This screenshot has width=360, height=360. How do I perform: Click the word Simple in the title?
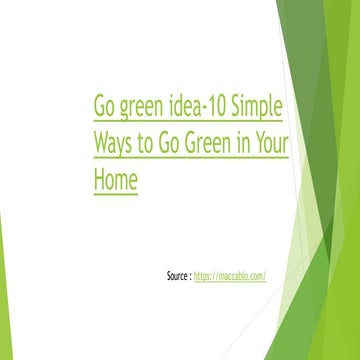tap(258, 107)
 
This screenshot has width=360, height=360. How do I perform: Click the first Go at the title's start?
tap(105, 107)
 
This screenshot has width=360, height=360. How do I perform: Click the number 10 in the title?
tap(217, 107)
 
